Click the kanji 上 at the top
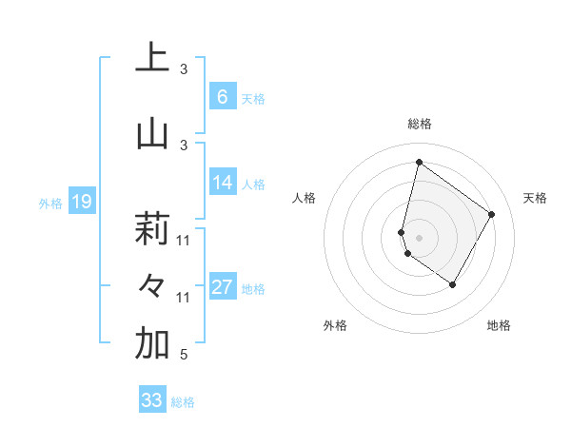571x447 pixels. pos(152,58)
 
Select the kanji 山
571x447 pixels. pos(152,134)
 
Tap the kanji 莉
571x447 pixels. pos(152,229)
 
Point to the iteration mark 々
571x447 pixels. pos(152,286)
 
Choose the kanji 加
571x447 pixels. pos(152,345)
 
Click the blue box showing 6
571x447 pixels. pos(222,97)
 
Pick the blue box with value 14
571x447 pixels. pos(222,183)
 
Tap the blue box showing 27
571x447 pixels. pos(222,287)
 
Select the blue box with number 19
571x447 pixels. pos(82,201)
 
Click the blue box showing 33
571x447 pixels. pos(152,400)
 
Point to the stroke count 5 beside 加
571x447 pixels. pos(183,356)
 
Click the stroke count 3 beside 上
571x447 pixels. pos(184,68)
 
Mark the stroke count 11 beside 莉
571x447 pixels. pos(184,240)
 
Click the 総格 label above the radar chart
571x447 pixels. pos(419,124)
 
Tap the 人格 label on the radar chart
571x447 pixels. pos(304,198)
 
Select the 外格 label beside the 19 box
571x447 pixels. pos(50,203)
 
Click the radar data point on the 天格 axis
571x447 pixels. pos(492,214)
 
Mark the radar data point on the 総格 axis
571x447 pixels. pos(419,162)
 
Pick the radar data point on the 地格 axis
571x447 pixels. pos(453,284)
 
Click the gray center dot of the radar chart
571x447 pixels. pos(419,237)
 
